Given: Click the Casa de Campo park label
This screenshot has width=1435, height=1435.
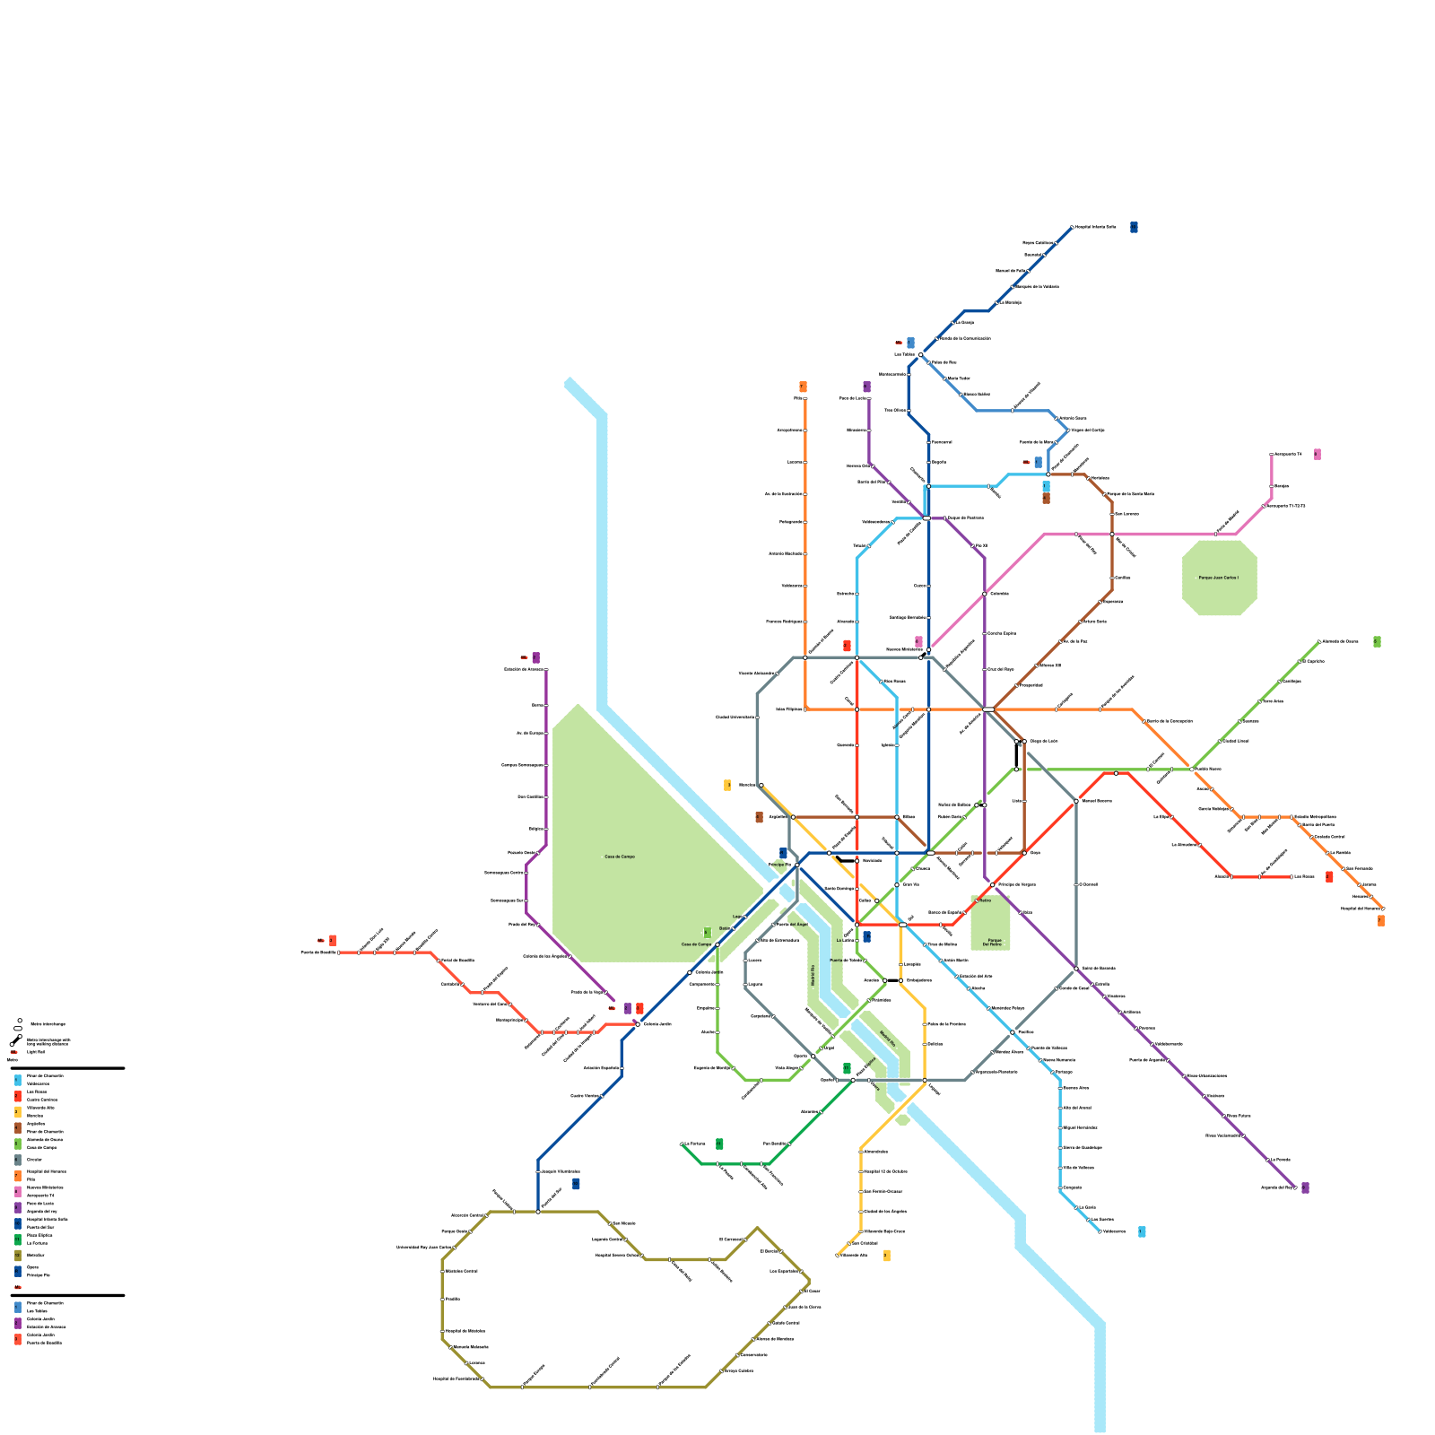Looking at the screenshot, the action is click(x=619, y=857).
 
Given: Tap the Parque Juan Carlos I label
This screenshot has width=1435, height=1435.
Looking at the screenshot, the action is click(x=1219, y=578).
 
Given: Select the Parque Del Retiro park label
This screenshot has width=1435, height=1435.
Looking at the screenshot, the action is click(x=991, y=942).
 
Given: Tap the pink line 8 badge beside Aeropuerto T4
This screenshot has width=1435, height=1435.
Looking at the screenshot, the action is click(x=1317, y=455).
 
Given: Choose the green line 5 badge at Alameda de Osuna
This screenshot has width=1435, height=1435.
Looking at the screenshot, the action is click(x=1377, y=641).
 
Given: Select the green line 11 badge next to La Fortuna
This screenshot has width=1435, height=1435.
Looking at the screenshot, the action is click(x=719, y=1144).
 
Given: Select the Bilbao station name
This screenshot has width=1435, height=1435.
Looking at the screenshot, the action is click(x=909, y=816).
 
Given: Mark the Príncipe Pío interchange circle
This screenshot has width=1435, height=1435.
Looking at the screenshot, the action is click(x=797, y=865).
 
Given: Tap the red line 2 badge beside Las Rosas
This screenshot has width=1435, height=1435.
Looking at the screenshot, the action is click(x=1329, y=876).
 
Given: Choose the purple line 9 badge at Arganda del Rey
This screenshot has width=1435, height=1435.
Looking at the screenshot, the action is click(x=1305, y=1187).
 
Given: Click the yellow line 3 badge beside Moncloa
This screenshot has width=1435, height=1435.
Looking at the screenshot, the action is click(x=727, y=785).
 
